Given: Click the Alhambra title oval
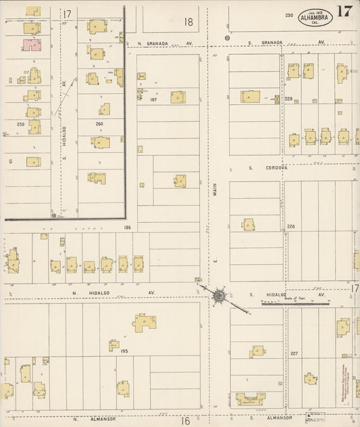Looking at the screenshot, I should point(315,16).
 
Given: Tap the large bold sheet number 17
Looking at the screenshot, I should point(344,11).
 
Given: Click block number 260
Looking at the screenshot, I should point(99,124).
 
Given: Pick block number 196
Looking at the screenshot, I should point(127,228).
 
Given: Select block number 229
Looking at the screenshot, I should point(288,99).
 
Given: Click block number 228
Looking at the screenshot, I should point(291,226).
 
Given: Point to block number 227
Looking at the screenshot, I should point(294,353).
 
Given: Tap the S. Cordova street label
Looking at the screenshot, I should point(268,168).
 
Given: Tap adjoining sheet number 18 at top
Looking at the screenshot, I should point(188,22).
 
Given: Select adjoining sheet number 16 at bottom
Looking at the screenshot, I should point(185,420).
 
